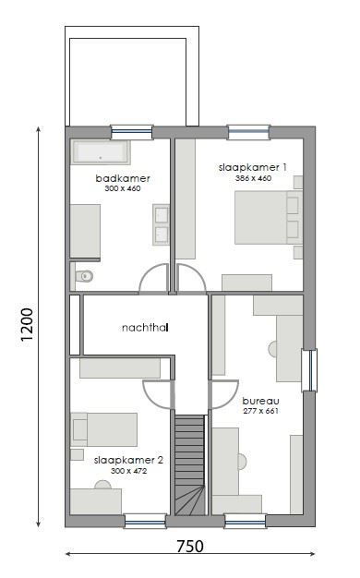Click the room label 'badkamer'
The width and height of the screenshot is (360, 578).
tap(122, 177)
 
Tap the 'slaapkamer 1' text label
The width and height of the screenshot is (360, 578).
tap(253, 167)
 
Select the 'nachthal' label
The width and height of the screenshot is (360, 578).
tap(144, 327)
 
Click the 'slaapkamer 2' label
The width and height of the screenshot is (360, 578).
tap(128, 459)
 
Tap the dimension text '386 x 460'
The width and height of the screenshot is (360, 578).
tap(253, 177)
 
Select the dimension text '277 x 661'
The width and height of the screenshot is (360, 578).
tap(259, 411)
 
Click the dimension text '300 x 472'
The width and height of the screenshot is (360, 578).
tap(128, 470)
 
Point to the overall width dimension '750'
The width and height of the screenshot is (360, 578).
tap(189, 547)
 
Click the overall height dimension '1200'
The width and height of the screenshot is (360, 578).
tap(27, 325)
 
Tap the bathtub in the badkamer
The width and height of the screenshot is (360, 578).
tap(102, 152)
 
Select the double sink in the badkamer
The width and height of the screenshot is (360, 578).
tap(161, 224)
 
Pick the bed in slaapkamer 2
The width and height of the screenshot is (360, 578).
tap(104, 429)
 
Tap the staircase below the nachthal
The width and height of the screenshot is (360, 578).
tap(189, 462)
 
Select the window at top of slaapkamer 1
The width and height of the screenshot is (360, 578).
tap(248, 132)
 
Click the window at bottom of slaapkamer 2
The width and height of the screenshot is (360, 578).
tap(145, 522)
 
